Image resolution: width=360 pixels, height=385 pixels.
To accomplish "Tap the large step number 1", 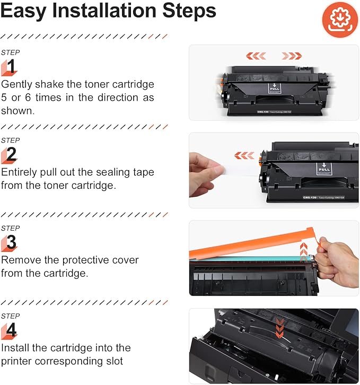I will (x=11, y=67).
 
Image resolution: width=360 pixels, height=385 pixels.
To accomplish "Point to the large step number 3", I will (x=11, y=242).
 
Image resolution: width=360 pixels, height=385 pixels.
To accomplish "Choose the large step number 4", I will (x=11, y=330).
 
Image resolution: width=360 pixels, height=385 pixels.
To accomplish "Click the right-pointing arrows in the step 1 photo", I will (x=292, y=56).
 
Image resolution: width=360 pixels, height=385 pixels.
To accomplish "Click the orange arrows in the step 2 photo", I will (x=244, y=155).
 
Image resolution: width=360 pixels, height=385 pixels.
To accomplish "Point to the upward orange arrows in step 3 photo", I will (x=304, y=249).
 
